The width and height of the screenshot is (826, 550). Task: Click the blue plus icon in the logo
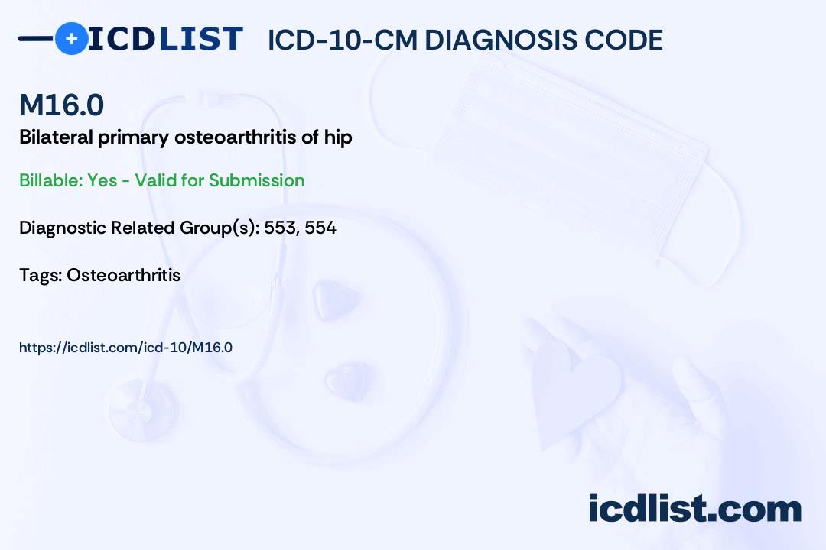[71, 38]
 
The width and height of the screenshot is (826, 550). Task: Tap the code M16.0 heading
[61, 105]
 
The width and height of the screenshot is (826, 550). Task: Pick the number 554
[320, 228]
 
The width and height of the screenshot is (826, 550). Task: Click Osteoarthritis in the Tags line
[124, 275]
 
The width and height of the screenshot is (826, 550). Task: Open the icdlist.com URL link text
[125, 348]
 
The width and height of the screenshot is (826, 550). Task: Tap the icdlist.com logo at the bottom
[694, 508]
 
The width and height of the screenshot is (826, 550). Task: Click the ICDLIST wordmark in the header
[166, 38]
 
